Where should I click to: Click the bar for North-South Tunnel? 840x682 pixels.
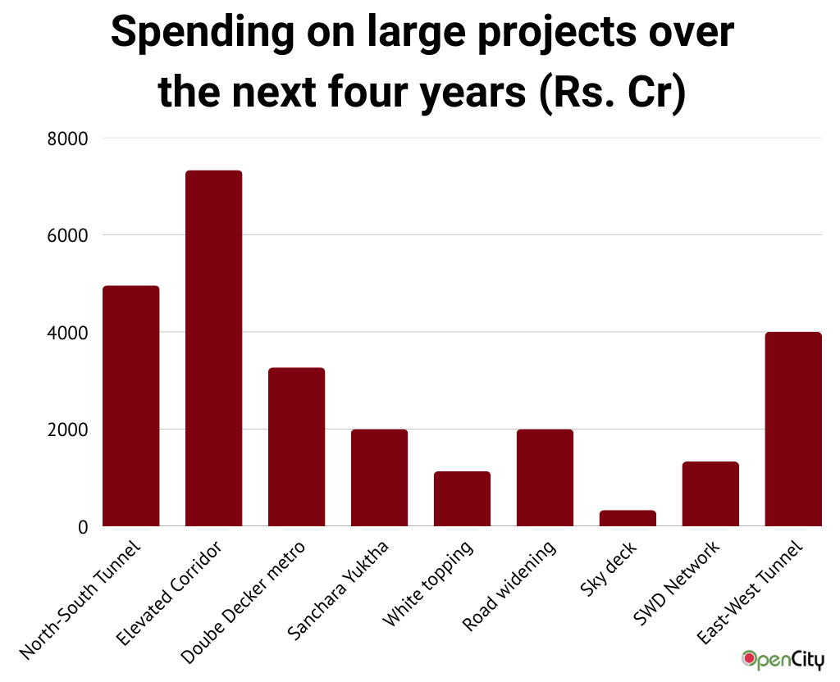pyautogui.click(x=130, y=406)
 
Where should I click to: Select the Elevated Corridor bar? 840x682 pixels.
pyautogui.click(x=213, y=348)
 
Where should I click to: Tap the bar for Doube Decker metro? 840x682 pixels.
pyautogui.click(x=296, y=447)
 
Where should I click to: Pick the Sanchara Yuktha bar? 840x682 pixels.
pyautogui.click(x=379, y=478)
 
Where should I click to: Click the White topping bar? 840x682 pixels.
pyautogui.click(x=462, y=498)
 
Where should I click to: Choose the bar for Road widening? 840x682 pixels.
pyautogui.click(x=545, y=478)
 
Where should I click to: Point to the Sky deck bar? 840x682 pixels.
pyautogui.click(x=628, y=518)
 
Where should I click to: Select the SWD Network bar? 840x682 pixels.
pyautogui.click(x=710, y=493)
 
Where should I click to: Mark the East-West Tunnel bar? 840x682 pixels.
pyautogui.click(x=793, y=429)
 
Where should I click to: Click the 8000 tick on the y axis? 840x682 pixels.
pyautogui.click(x=69, y=139)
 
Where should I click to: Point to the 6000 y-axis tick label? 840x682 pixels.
pyautogui.click(x=69, y=235)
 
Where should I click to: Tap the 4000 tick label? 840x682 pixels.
pyautogui.click(x=69, y=333)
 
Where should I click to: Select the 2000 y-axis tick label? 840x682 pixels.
pyautogui.click(x=69, y=430)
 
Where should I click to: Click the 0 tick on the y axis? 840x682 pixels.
pyautogui.click(x=82, y=527)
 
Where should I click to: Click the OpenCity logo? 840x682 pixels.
pyautogui.click(x=783, y=659)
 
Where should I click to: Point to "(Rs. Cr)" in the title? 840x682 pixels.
pyautogui.click(x=610, y=93)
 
